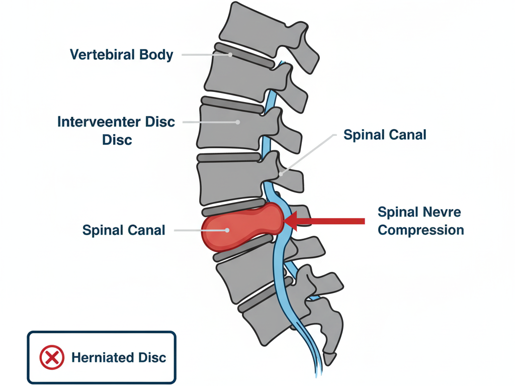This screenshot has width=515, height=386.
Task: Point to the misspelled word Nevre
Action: pos(443,212)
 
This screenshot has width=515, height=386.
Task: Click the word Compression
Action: pos(420,230)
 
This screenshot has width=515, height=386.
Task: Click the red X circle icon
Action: pos(52,358)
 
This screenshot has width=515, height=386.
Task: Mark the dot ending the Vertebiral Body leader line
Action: pos(230,54)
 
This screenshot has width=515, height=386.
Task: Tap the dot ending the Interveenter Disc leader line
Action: pos(237,122)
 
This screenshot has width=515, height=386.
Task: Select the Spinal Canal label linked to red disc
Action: pos(124,230)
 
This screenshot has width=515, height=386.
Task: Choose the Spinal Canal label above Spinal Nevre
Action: pos(385,135)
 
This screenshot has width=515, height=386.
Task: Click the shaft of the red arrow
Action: pos(337,221)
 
